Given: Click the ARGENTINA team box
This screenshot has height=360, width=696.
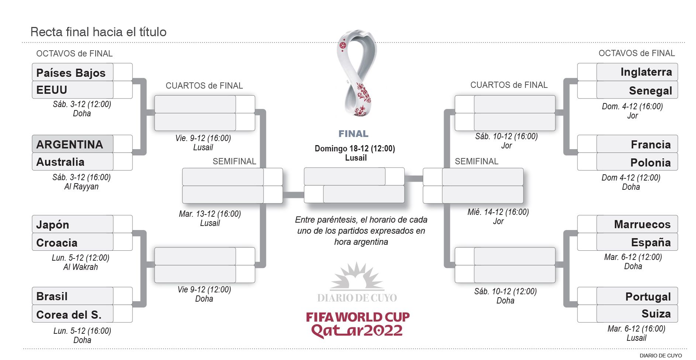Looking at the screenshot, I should coord(73,144).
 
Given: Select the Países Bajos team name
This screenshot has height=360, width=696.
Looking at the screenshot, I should coord(71,73).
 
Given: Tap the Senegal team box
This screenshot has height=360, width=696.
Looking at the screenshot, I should coord(637,90).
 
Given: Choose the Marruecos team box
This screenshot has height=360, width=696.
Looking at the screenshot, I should coord(637,224).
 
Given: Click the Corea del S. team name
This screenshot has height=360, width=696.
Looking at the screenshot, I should coord(69,315).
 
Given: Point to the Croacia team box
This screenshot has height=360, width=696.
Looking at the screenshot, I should coord(73,242).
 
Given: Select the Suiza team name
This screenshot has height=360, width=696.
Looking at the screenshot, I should coord(656,314).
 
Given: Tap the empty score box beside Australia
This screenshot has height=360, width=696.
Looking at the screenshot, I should coord(123,162).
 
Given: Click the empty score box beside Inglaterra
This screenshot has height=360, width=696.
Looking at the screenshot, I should coord(587,72).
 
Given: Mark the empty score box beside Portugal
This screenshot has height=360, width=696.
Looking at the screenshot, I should coord(587,296).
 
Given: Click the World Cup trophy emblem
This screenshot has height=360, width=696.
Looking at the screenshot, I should coord(356,74).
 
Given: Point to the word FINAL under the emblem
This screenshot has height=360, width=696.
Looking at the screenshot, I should coord(353,134).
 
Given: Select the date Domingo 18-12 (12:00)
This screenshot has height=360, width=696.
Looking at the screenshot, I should coord(355,148).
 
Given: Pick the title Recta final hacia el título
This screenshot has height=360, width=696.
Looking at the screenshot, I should coord(98,32).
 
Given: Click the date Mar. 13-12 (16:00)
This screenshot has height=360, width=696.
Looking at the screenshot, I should coord(210,214).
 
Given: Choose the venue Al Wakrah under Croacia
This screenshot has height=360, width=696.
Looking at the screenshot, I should coord(80,267).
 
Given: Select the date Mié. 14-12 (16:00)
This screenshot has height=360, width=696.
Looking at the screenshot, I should coord(498,212).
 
